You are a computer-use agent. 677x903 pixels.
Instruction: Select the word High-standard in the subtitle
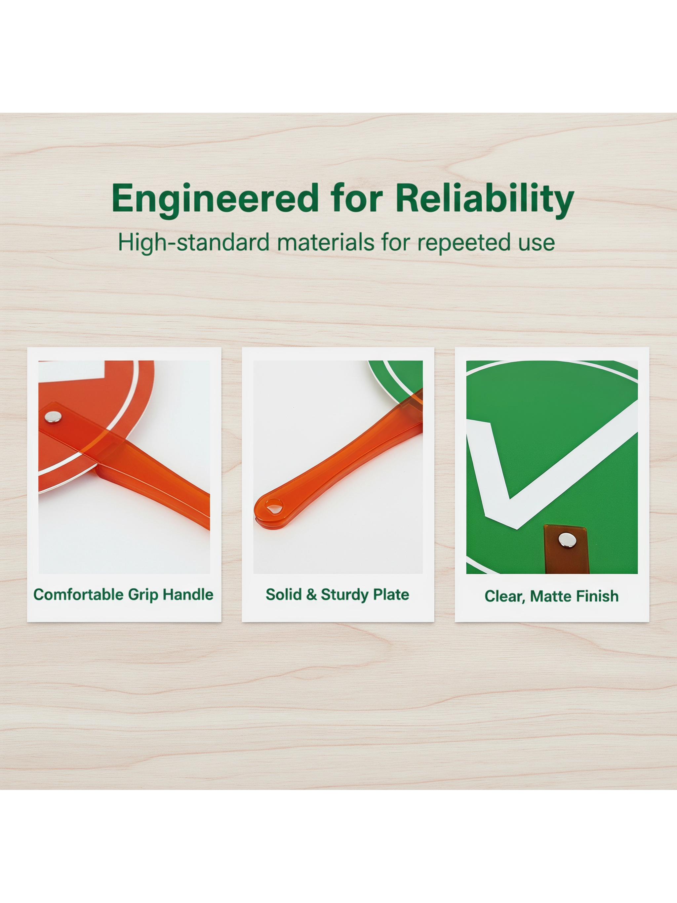click(x=194, y=242)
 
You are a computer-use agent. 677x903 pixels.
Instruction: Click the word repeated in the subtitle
click(x=461, y=243)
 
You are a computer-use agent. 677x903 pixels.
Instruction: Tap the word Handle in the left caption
click(x=188, y=595)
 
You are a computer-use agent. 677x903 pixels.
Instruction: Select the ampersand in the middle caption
click(x=311, y=595)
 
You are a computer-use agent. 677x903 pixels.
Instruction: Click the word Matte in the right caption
click(x=550, y=596)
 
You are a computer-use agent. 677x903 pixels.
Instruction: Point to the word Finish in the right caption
click(x=597, y=596)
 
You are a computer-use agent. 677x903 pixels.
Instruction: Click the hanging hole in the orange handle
click(x=274, y=508)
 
